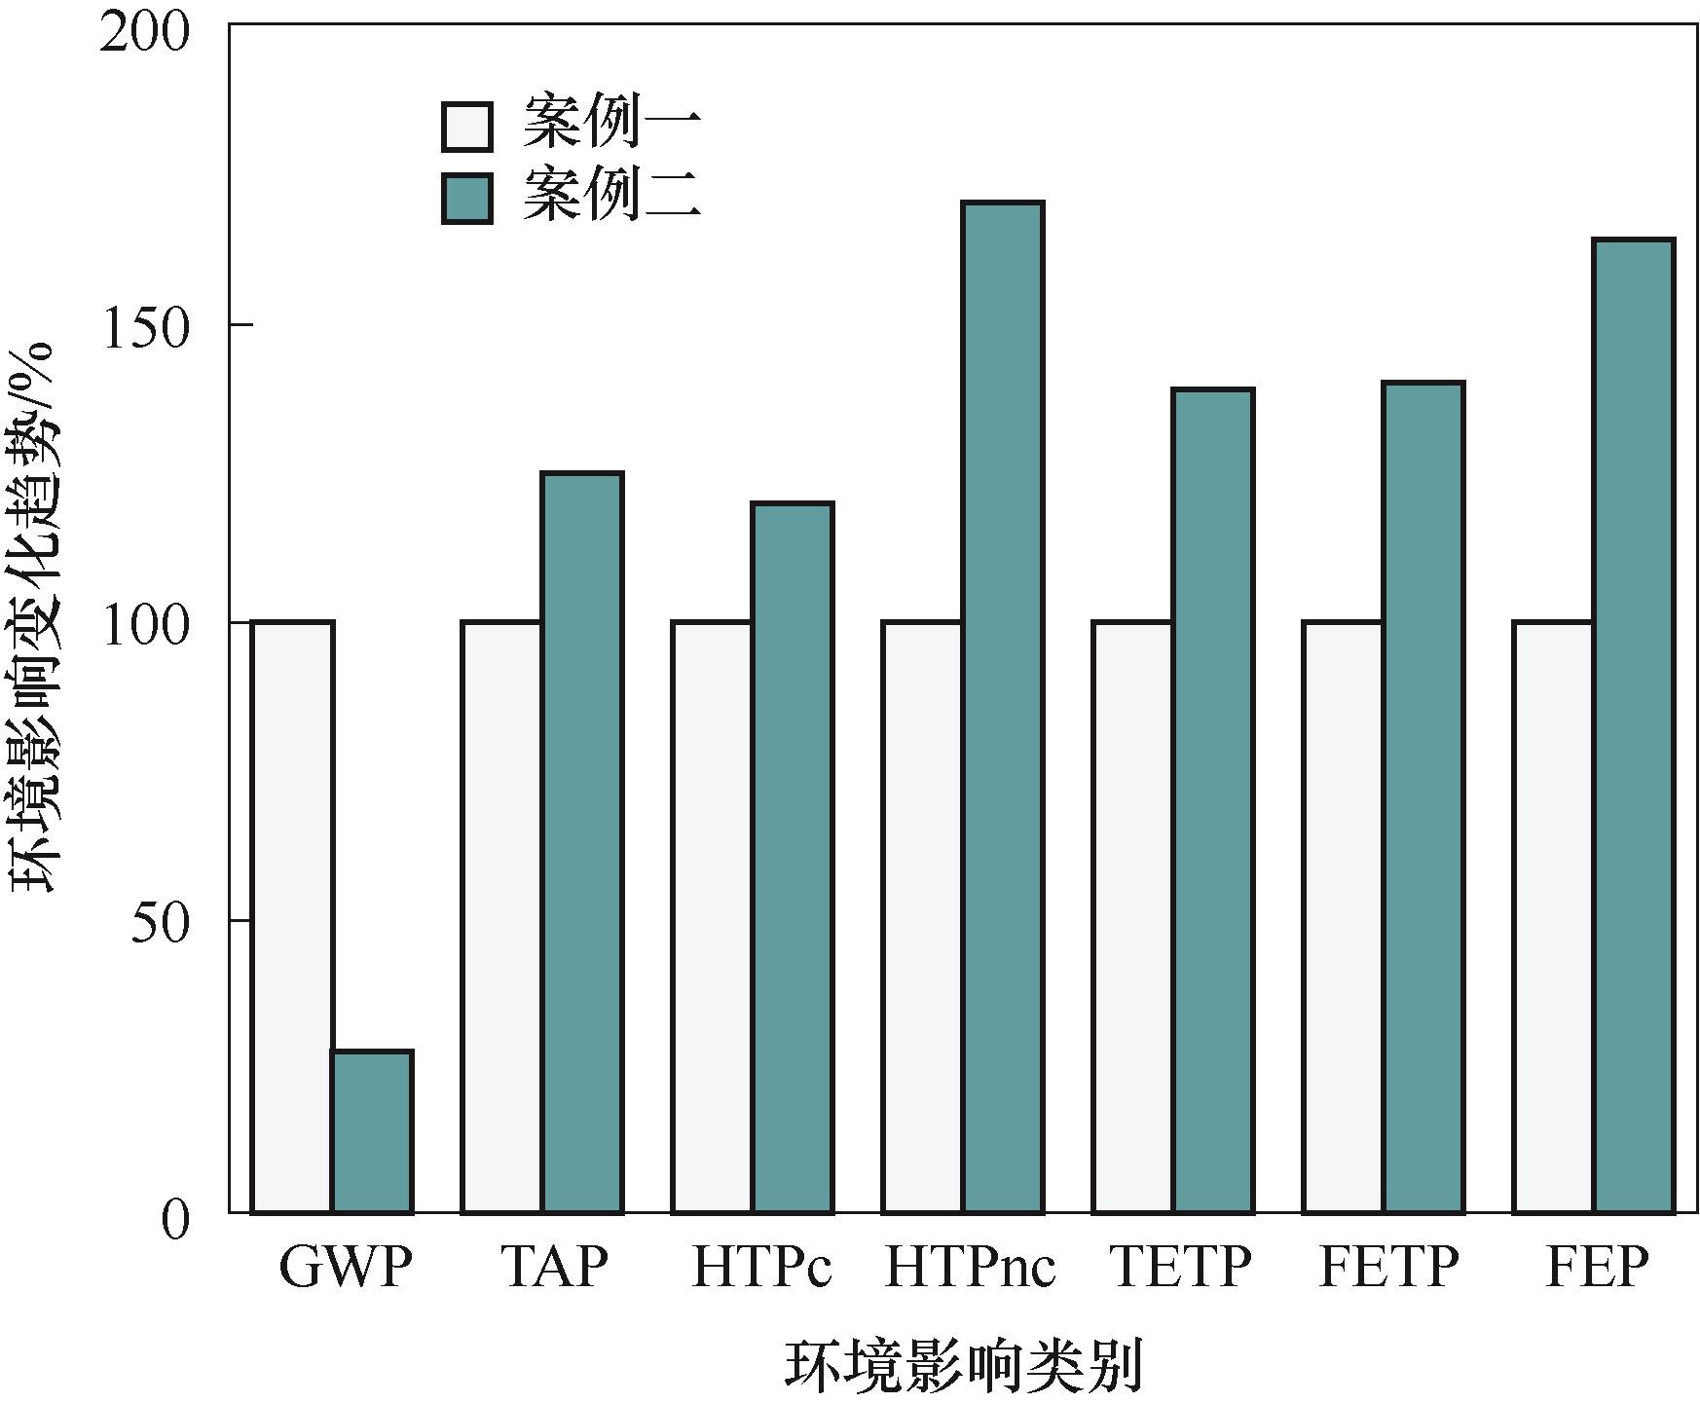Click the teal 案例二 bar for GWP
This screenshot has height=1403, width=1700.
[x=372, y=1131]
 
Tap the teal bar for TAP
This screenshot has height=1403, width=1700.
[x=582, y=842]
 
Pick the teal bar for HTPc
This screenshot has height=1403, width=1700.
[x=793, y=857]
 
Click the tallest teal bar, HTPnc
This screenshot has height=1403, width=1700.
[x=1003, y=707]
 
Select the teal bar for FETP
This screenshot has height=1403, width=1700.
[x=1423, y=797]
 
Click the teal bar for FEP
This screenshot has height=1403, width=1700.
[x=1634, y=725]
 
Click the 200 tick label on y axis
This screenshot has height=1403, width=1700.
[x=144, y=35]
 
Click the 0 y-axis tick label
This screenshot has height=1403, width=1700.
[x=175, y=1219]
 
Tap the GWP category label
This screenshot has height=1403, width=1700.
[x=345, y=1269]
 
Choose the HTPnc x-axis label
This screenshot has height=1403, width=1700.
[x=970, y=1269]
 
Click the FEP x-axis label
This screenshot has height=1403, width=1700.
[x=1597, y=1269]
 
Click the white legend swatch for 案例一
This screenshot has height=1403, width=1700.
[x=467, y=127]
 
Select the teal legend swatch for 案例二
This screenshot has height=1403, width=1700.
[x=467, y=198]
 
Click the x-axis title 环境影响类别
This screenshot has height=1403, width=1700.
[x=963, y=1366]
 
